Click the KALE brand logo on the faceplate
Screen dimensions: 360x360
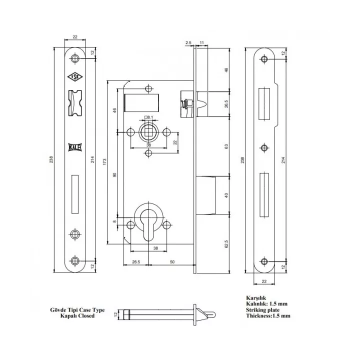(75, 147)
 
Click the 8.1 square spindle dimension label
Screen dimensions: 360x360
(149, 117)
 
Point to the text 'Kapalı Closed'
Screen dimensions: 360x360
(83, 316)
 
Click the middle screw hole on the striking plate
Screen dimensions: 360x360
(264, 147)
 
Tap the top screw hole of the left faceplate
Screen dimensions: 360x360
(75, 58)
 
